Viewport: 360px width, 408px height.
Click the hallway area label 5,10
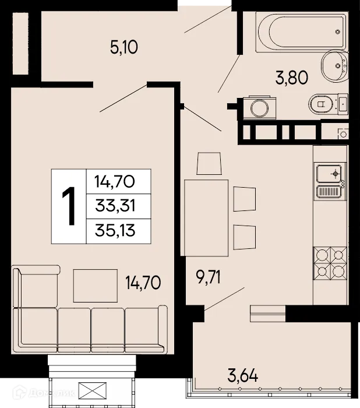pyautogui.click(x=123, y=46)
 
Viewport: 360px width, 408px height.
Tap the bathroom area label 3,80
pyautogui.click(x=291, y=78)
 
